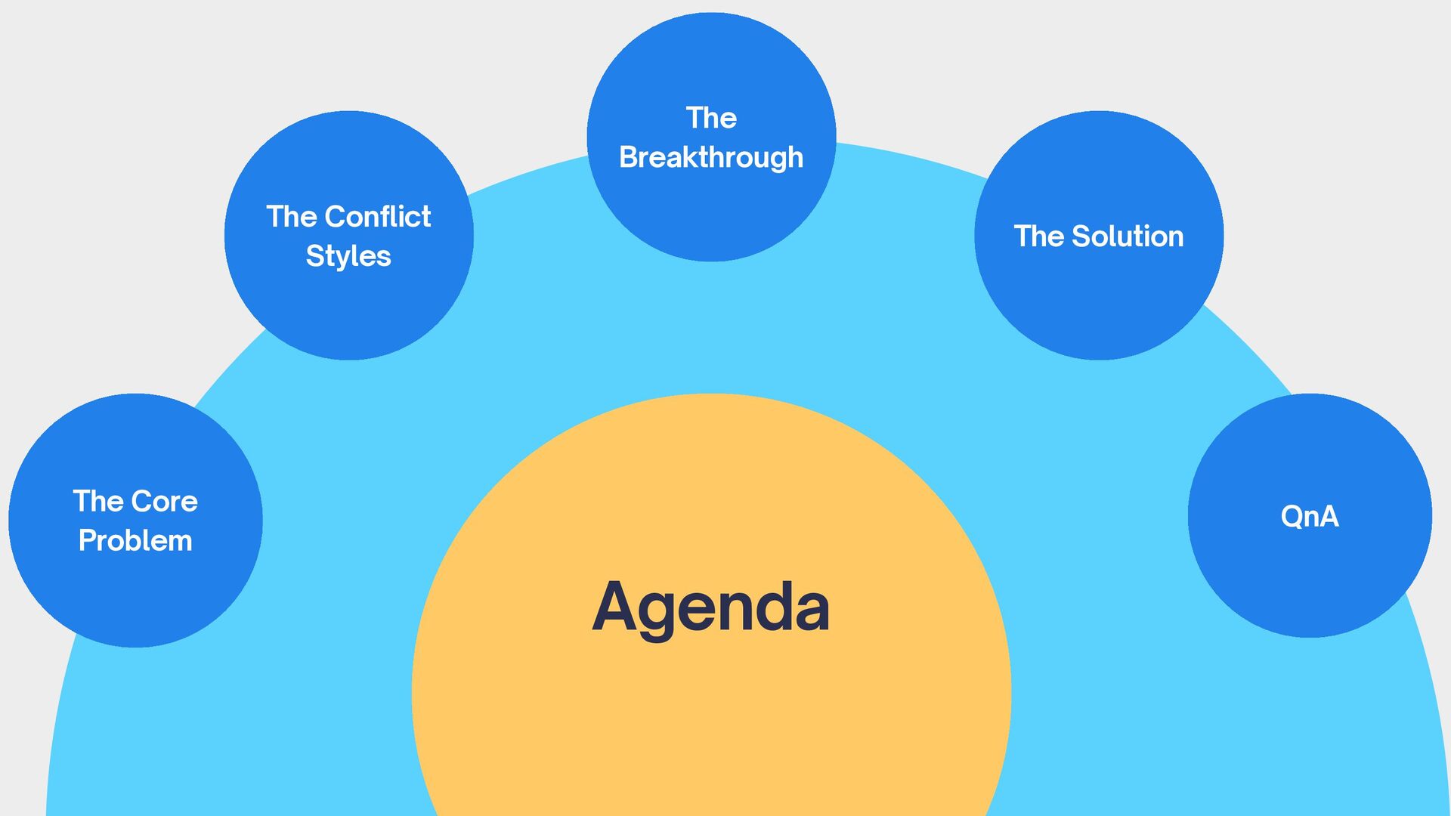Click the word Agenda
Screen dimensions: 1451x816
click(x=710, y=608)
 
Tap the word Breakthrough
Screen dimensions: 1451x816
click(x=711, y=157)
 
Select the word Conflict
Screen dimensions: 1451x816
click(x=377, y=217)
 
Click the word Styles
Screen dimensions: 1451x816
click(x=348, y=256)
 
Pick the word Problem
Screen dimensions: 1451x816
click(x=135, y=541)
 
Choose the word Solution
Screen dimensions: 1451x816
click(x=1128, y=236)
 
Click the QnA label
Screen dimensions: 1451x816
click(x=1310, y=517)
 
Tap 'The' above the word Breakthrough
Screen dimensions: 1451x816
click(x=711, y=118)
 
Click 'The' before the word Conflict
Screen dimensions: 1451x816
click(x=292, y=217)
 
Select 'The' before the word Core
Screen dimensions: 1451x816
click(x=98, y=502)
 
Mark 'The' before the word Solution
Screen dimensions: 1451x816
click(x=1039, y=236)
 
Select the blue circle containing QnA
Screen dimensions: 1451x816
click(x=1310, y=574)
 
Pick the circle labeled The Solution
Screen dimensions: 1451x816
click(x=1099, y=302)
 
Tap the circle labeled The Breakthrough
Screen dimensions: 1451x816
click(x=711, y=212)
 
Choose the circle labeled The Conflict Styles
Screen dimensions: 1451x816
click(x=348, y=310)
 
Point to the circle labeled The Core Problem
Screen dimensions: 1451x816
click(x=135, y=597)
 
